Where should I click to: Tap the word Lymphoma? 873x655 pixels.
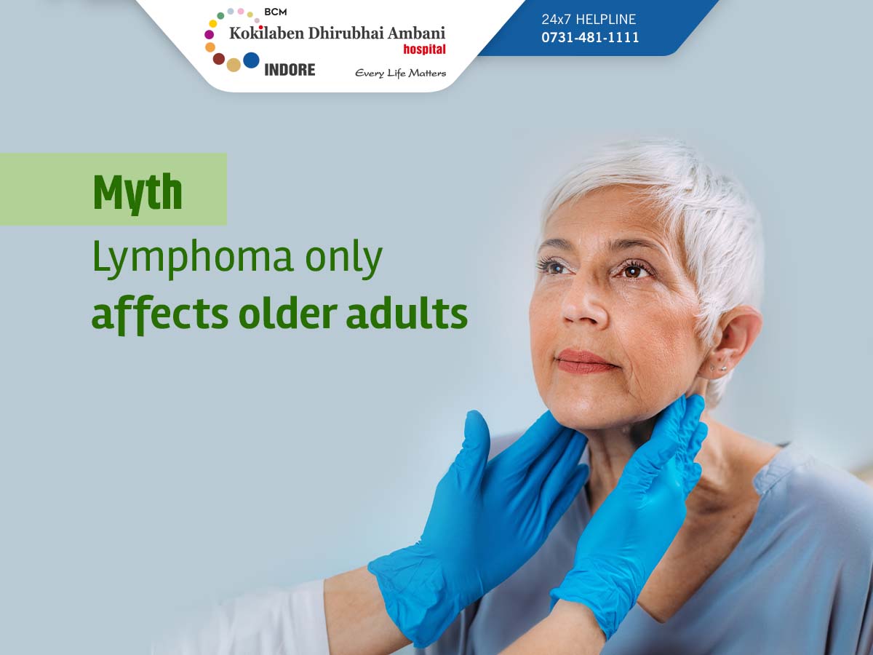point(193,258)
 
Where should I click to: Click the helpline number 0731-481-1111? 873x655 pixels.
point(590,37)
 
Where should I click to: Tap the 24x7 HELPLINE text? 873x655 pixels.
point(589,19)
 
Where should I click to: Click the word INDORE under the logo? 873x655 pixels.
point(290,70)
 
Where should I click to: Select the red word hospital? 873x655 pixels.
point(424,49)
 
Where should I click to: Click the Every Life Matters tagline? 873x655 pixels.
point(401,74)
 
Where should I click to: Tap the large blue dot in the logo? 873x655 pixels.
point(251,60)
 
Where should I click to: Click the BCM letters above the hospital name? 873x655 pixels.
point(275,12)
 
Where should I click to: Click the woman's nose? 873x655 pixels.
point(584,302)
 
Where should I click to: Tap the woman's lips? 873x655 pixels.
point(585,362)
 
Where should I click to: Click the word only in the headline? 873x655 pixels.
point(343,258)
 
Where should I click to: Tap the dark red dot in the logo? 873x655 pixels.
point(219,59)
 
